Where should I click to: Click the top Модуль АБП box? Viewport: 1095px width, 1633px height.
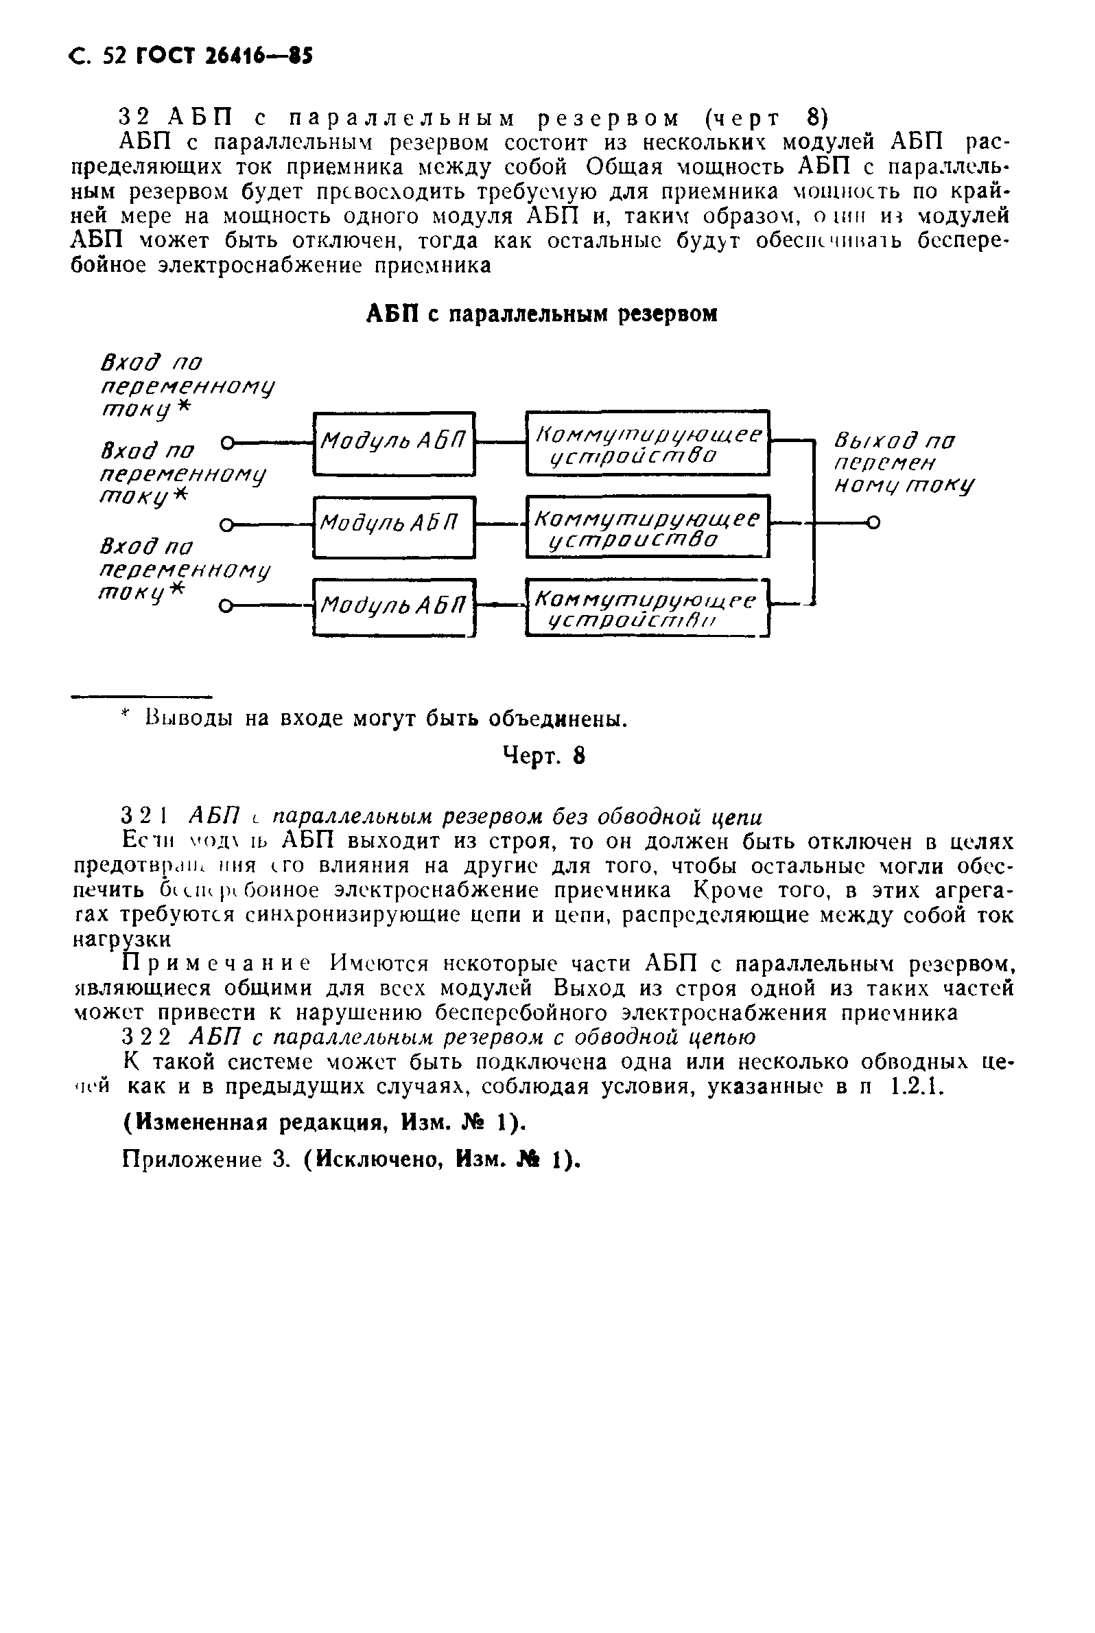pyautogui.click(x=394, y=443)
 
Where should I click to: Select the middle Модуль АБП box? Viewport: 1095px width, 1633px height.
pyautogui.click(x=394, y=526)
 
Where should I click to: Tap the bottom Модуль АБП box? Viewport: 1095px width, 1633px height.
pyautogui.click(x=394, y=606)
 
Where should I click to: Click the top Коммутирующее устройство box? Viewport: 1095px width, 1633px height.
pyautogui.click(x=648, y=443)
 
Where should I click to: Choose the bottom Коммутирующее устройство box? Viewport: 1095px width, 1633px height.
pyautogui.click(x=648, y=607)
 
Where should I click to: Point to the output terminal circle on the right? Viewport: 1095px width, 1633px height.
pyautogui.click(x=873, y=522)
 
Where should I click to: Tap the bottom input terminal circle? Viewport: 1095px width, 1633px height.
pyautogui.click(x=224, y=606)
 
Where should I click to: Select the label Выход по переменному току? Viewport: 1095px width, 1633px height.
pyautogui.click(x=902, y=463)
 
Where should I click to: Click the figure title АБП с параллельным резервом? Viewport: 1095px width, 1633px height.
pyautogui.click(x=542, y=314)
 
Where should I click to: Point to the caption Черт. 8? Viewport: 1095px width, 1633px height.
pyautogui.click(x=543, y=756)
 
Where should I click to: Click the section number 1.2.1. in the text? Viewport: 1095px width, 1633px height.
pyautogui.click(x=917, y=1087)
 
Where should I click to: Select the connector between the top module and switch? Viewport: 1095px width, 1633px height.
pyautogui.click(x=500, y=442)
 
